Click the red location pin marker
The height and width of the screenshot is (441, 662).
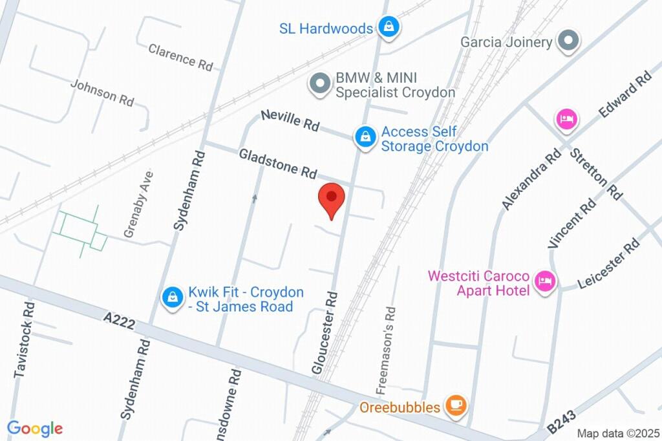[332, 198]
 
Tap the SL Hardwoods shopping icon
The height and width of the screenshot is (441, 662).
[389, 27]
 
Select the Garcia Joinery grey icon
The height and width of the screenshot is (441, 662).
[568, 41]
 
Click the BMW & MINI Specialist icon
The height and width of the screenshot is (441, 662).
[319, 85]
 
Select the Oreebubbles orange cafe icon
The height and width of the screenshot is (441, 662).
[456, 406]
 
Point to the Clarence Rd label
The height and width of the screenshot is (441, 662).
[180, 57]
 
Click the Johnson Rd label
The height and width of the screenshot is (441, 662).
[102, 93]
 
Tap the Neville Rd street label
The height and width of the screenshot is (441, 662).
[290, 120]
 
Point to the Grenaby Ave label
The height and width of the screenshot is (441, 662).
[138, 204]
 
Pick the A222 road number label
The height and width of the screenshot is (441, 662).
[119, 321]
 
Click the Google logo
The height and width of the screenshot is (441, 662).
[34, 428]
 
